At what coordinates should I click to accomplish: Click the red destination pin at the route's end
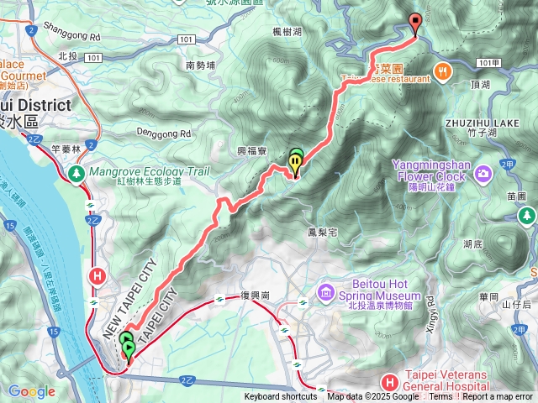(x=414, y=24)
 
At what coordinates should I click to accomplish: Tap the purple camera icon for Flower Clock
(x=483, y=175)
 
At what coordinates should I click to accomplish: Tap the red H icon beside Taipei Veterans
(x=388, y=382)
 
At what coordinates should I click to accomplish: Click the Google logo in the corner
(x=31, y=391)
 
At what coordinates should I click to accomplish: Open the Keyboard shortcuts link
(x=281, y=397)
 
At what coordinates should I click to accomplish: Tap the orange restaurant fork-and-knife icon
(x=441, y=70)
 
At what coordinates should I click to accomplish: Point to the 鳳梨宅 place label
(x=323, y=231)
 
